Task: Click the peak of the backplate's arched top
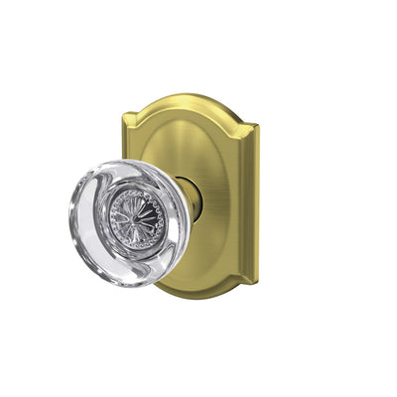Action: click(x=194, y=96)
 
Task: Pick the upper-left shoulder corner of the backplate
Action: click(x=136, y=122)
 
